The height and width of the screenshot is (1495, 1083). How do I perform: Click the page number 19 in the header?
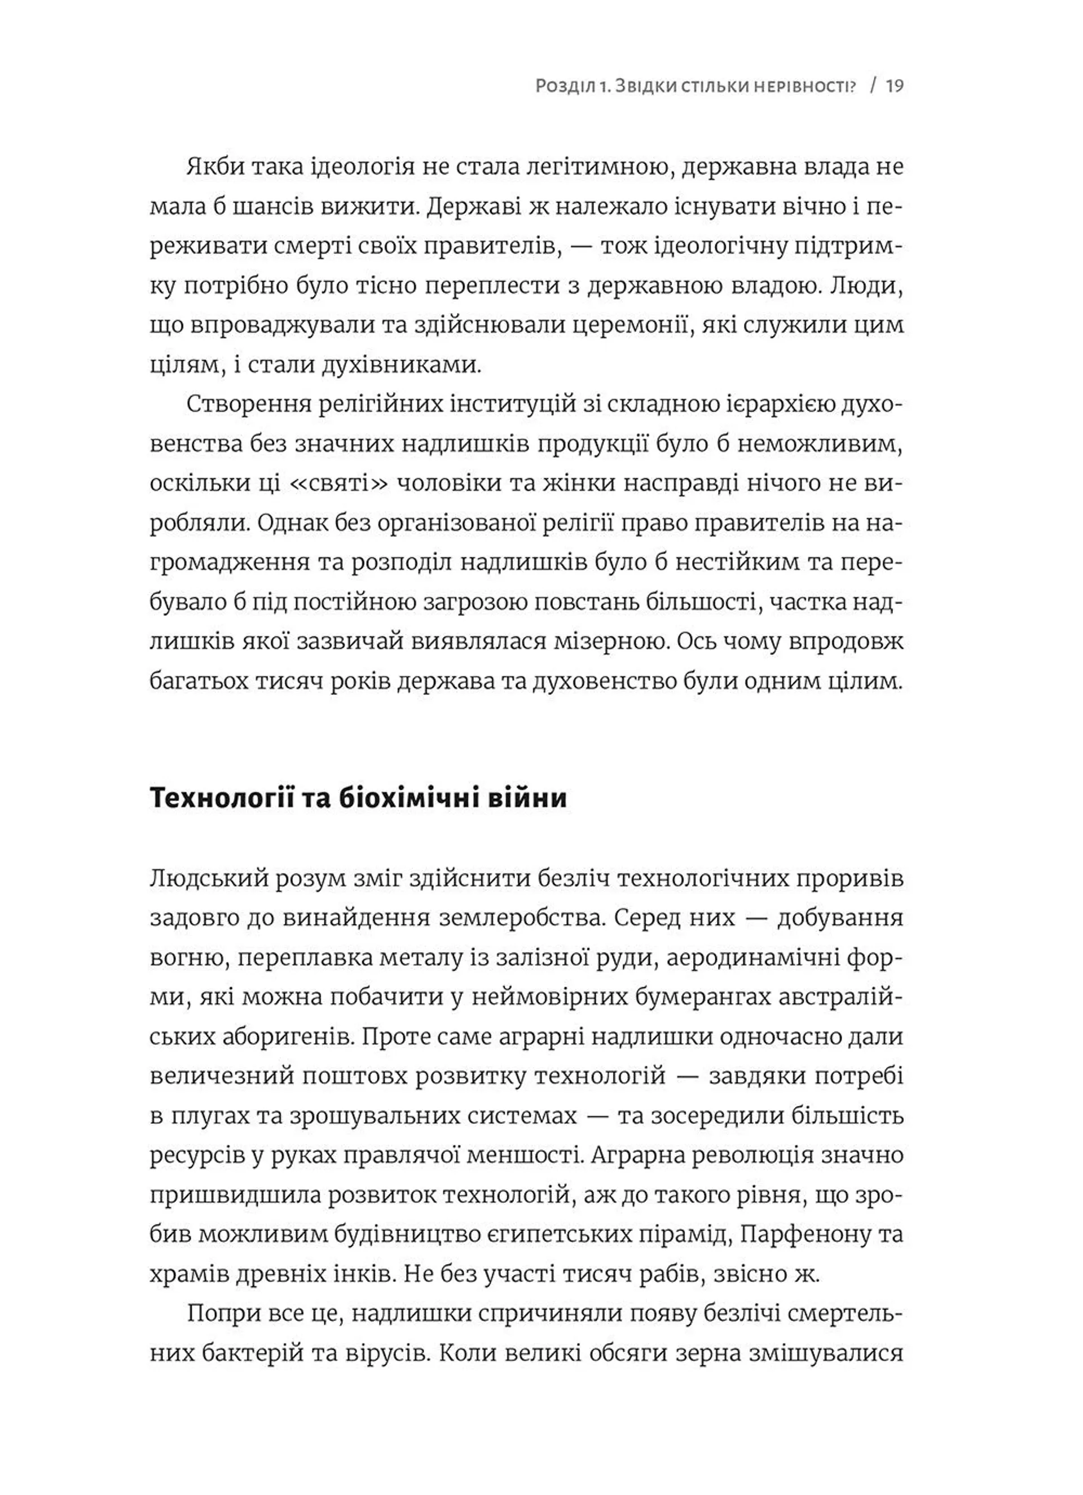coord(894,86)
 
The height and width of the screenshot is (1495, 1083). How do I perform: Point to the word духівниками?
coord(402,364)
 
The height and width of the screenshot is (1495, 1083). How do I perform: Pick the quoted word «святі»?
coord(341,483)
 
